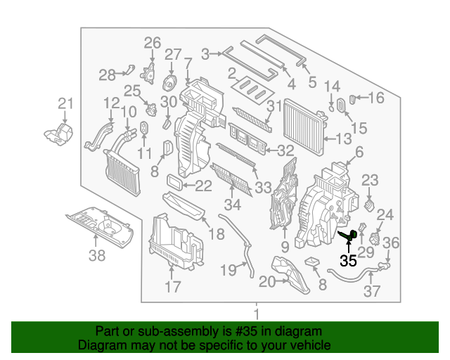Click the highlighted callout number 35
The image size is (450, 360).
click(348, 261)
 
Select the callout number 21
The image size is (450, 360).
click(65, 105)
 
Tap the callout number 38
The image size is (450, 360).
click(96, 255)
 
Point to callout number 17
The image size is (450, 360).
click(172, 287)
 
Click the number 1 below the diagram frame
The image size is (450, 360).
click(257, 314)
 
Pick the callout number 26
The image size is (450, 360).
click(153, 44)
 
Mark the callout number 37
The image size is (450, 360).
click(372, 291)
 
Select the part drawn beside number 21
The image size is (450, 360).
click(59, 134)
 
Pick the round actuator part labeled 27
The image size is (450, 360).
click(170, 80)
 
